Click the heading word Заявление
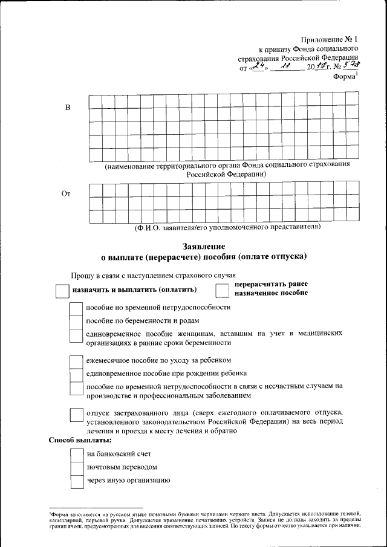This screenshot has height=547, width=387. coord(204,246)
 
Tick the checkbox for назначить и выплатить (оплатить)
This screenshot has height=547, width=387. coord(62,291)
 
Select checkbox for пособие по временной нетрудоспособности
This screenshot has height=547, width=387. coord(77,308)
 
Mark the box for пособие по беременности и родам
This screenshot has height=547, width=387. coord(77,321)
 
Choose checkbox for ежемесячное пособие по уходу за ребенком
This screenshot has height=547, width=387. coord(77,361)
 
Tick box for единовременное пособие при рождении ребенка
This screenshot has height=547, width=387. coord(77,374)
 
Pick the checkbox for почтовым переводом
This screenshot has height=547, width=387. coord(77,468)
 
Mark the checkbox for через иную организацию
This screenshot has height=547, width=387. coord(77,481)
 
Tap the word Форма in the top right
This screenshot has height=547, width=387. coord(343,77)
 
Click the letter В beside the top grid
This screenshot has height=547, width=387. coord(68,108)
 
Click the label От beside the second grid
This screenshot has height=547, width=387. coord(67,194)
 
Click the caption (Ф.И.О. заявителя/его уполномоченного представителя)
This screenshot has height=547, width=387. coord(227,228)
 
